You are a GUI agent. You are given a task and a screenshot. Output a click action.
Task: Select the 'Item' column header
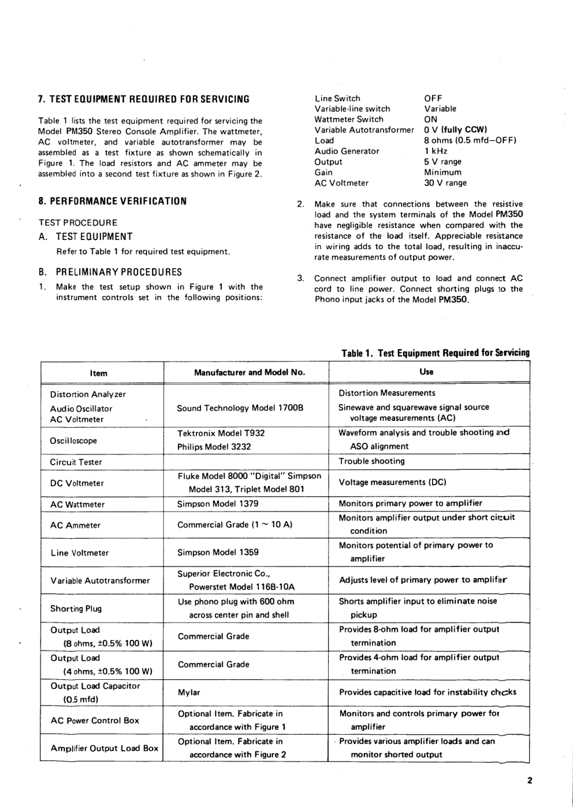pyautogui.click(x=99, y=373)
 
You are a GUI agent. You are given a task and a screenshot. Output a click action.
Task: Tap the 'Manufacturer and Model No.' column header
pyautogui.click(x=249, y=372)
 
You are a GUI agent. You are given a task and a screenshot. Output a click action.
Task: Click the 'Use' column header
pyautogui.click(x=426, y=372)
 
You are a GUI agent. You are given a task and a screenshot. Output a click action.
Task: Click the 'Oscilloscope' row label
pyautogui.click(x=73, y=440)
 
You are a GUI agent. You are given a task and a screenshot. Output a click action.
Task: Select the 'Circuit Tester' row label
pyautogui.click(x=76, y=462)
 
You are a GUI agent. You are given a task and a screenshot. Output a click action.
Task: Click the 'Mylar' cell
pyautogui.click(x=189, y=692)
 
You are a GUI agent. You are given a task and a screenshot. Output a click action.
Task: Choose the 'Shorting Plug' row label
pyautogui.click(x=76, y=608)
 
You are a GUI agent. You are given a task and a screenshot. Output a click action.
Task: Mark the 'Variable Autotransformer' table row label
pyautogui.click(x=100, y=580)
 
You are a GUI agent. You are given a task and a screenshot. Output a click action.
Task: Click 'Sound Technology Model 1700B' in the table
pyautogui.click(x=240, y=408)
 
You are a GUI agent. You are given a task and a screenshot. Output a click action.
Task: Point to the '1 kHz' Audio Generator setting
pyautogui.click(x=436, y=151)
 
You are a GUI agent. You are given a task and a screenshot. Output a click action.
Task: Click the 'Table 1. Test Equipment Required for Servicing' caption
pyautogui.click(x=435, y=353)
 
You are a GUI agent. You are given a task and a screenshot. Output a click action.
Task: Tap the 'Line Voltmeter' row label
pyautogui.click(x=79, y=553)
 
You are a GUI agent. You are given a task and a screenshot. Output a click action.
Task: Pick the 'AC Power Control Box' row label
pyautogui.click(x=95, y=720)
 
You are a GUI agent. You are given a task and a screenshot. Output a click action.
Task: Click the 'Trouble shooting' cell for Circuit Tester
pyautogui.click(x=371, y=461)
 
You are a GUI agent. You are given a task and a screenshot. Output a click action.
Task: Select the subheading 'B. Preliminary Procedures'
pyautogui.click(x=110, y=272)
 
